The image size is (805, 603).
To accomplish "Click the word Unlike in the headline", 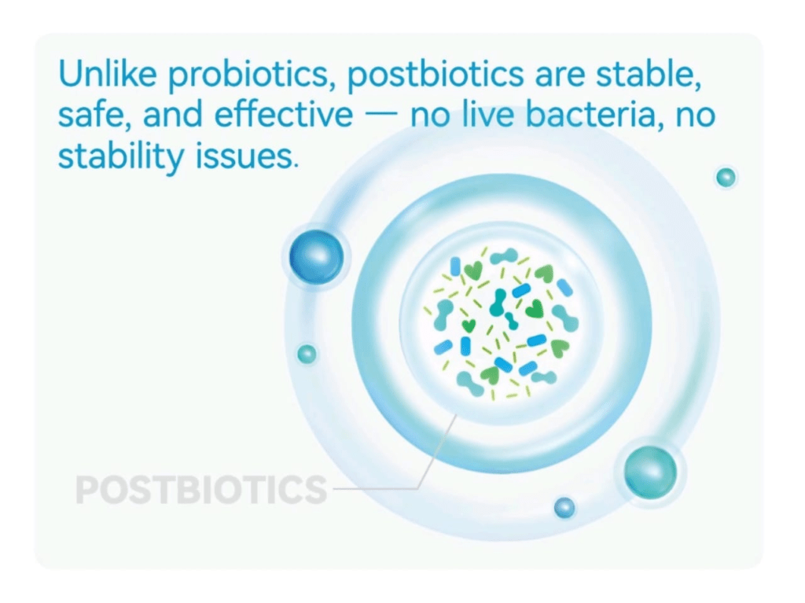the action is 108,73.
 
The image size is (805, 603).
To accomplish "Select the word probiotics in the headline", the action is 248,75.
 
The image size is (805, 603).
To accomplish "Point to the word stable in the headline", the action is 649,74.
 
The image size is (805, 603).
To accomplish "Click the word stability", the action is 120,156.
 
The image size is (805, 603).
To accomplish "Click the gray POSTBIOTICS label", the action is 201,490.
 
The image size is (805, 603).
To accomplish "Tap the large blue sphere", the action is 316,256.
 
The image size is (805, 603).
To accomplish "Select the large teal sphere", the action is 650,472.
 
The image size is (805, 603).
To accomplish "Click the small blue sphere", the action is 564,508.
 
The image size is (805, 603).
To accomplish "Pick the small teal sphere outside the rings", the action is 726,178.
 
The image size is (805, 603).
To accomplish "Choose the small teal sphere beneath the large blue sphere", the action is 307,354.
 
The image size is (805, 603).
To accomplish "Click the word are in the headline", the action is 560,77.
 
